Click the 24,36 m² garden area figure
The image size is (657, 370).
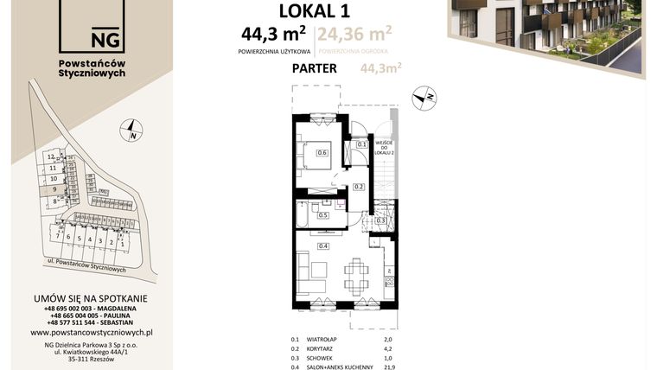(354, 35)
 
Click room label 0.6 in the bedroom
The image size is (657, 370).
(322, 153)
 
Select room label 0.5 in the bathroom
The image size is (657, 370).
(322, 214)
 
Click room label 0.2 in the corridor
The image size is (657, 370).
(357, 187)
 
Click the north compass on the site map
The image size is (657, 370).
(131, 132)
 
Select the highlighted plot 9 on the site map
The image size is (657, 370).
(54, 188)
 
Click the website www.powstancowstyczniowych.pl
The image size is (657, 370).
(92, 331)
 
